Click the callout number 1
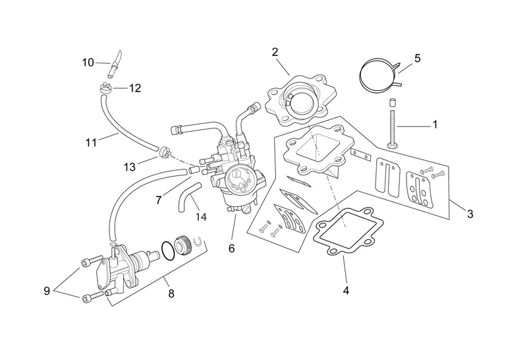tap(434, 124)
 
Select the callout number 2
tap(275, 52)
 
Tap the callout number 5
tap(417, 59)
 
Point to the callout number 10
tap(88, 63)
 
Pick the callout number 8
tap(171, 293)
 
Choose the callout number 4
tap(345, 289)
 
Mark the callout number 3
tap(470, 213)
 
